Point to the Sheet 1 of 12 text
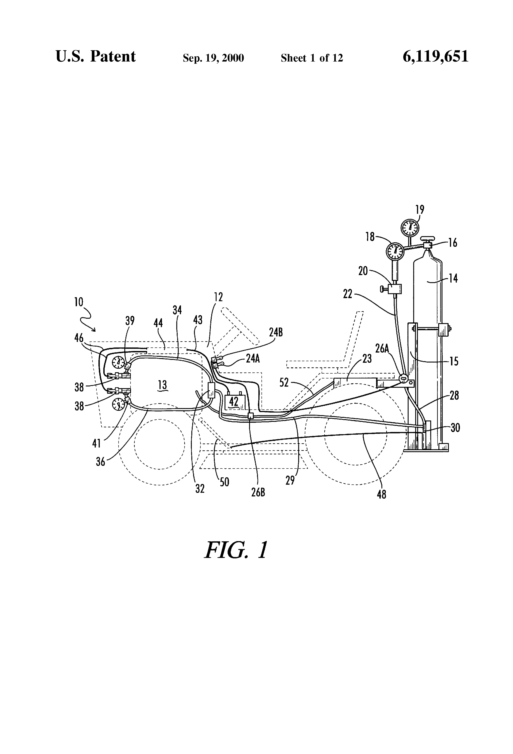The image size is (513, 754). (x=312, y=58)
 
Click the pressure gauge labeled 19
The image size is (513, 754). (x=410, y=228)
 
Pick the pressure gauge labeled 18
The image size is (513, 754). (x=395, y=251)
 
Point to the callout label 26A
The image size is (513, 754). (x=382, y=348)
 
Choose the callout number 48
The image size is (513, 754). (x=381, y=494)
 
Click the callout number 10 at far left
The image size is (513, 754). (x=79, y=302)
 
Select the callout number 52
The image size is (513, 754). (x=284, y=383)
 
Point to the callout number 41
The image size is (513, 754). (x=96, y=443)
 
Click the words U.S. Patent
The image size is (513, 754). (x=96, y=56)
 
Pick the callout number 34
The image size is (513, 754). (x=177, y=310)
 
